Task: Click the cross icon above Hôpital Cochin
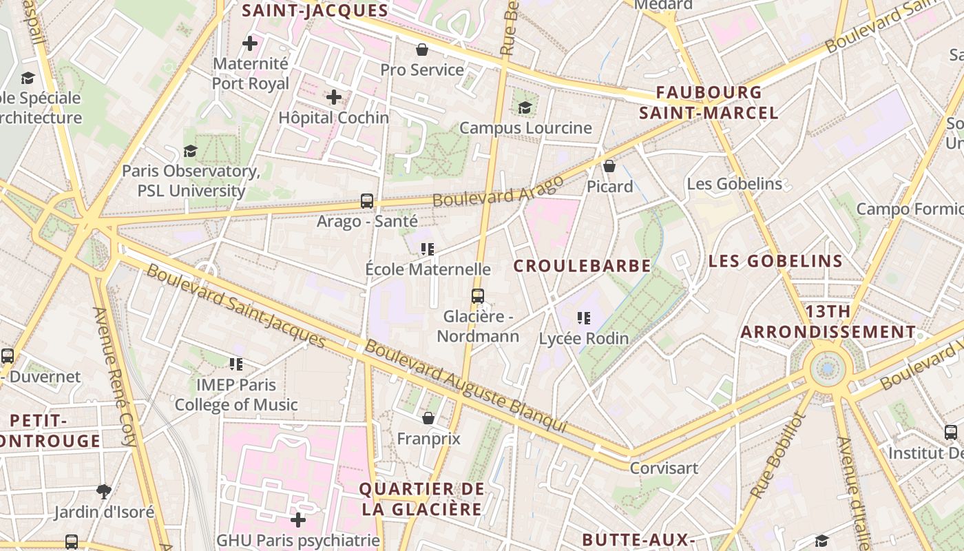(x=334, y=97)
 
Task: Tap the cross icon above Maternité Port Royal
(x=250, y=44)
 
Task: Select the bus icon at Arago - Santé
(x=367, y=201)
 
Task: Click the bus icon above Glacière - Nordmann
(x=478, y=296)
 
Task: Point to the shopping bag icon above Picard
(x=609, y=166)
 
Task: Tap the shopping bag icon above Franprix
(x=428, y=418)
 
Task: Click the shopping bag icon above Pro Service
(x=422, y=50)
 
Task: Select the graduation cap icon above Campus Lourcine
(x=525, y=107)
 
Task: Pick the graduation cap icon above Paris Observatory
(x=190, y=151)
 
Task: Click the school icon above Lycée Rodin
(x=584, y=318)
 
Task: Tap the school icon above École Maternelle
(x=428, y=249)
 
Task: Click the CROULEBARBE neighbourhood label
(x=582, y=266)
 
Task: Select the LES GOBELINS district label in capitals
(x=775, y=261)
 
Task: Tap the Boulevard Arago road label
(x=498, y=191)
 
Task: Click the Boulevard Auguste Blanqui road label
(x=466, y=386)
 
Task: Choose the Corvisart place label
(x=664, y=468)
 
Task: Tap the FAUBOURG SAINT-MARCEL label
(x=709, y=103)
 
